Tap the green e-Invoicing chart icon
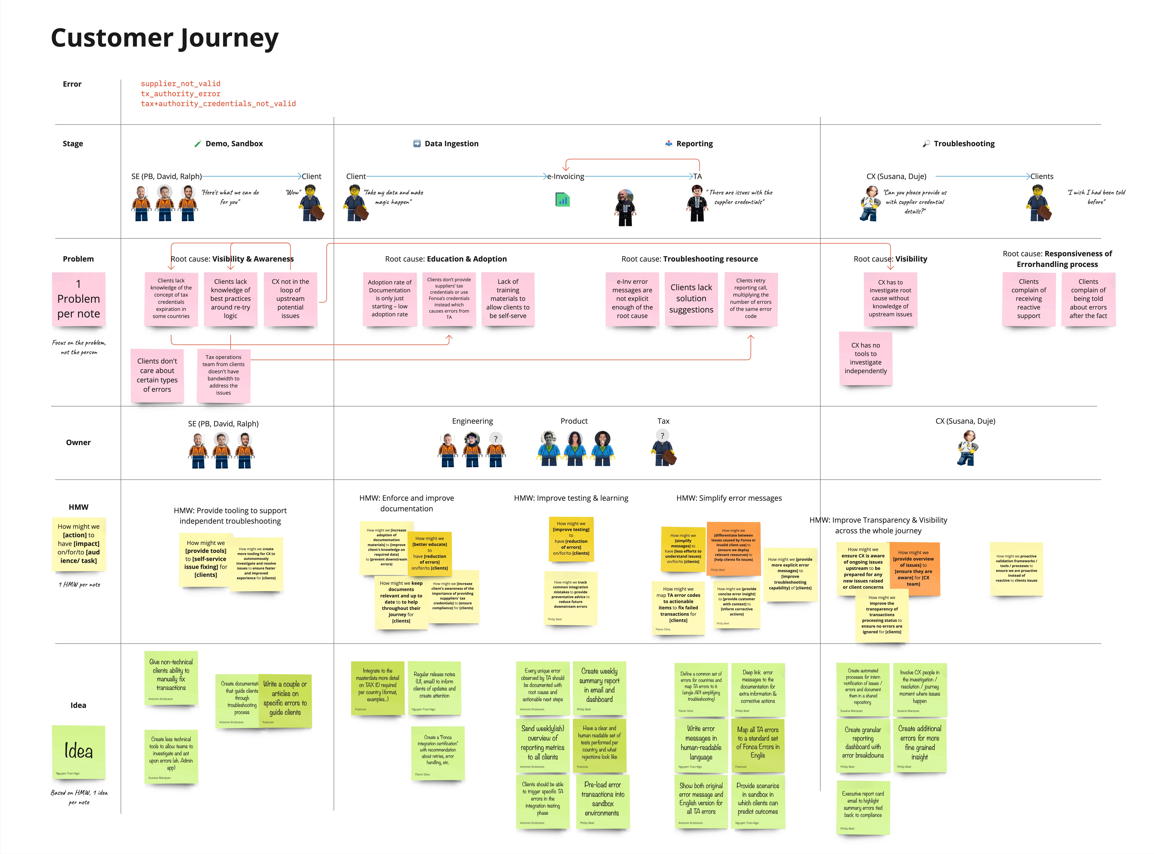tap(562, 200)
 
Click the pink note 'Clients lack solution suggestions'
tap(691, 299)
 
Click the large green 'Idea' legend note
tap(79, 751)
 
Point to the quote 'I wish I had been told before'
tap(1096, 197)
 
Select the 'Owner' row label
tap(78, 443)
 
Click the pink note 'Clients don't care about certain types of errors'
tap(157, 375)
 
